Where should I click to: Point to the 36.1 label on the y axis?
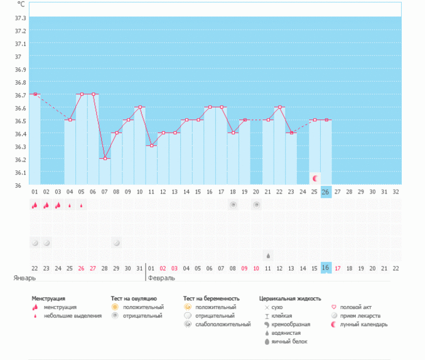tap(20, 172)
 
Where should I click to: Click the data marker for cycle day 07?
tap(105, 158)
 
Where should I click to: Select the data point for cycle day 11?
tap(151, 146)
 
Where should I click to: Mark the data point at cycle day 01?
tap(35, 94)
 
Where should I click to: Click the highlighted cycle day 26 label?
tap(326, 192)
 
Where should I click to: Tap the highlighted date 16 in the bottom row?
tap(326, 268)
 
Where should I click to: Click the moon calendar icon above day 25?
tap(315, 178)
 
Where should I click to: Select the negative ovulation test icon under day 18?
tap(233, 205)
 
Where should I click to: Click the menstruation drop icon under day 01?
tap(35, 205)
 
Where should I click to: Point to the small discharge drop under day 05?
tap(82, 205)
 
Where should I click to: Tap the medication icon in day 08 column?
tap(117, 243)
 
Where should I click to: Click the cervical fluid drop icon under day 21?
tap(268, 256)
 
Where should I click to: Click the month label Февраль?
tap(162, 278)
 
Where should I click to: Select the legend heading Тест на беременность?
tap(212, 298)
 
